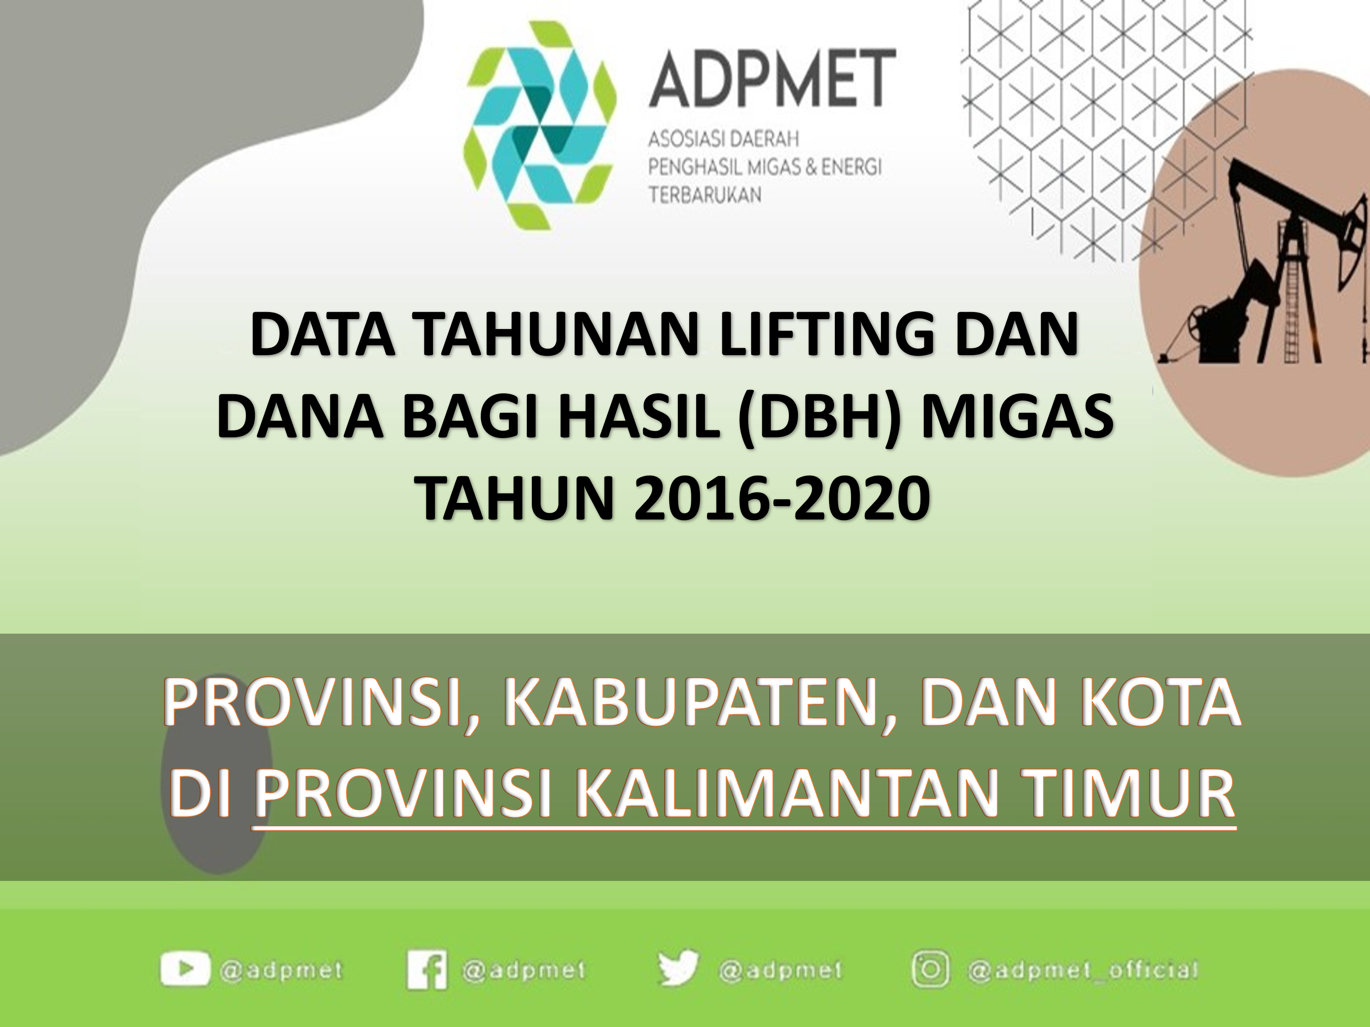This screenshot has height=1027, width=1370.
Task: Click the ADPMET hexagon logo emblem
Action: (x=540, y=125)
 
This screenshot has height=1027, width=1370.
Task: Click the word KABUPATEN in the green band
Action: (x=697, y=704)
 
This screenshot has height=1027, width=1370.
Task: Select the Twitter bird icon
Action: (x=678, y=968)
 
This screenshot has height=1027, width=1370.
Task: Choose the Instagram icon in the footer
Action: (x=931, y=969)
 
